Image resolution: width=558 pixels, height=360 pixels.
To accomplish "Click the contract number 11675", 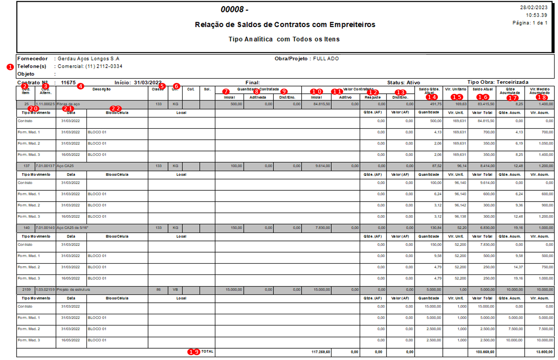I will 69,82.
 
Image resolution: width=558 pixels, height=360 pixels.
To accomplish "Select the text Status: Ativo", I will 403,82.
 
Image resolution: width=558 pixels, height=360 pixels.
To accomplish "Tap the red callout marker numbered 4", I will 80,86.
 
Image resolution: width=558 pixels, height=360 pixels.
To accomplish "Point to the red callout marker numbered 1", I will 10,67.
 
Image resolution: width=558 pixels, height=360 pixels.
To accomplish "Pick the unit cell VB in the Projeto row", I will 175,289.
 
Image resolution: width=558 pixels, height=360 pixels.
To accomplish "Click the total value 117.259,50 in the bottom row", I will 321,352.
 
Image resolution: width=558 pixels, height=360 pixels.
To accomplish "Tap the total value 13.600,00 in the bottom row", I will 543,352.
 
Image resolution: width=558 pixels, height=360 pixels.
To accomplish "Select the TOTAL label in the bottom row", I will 207,351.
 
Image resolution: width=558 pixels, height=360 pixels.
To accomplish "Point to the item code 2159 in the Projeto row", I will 26,289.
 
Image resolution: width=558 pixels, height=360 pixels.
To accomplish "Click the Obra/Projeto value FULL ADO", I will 326,58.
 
